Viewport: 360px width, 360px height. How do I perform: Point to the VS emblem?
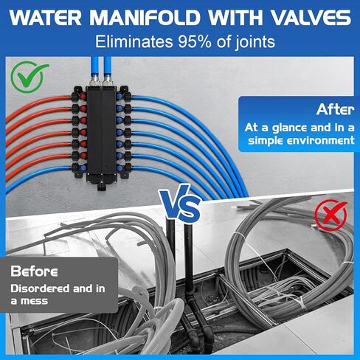click(x=180, y=206)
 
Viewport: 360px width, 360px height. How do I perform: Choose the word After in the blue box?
click(x=335, y=111)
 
